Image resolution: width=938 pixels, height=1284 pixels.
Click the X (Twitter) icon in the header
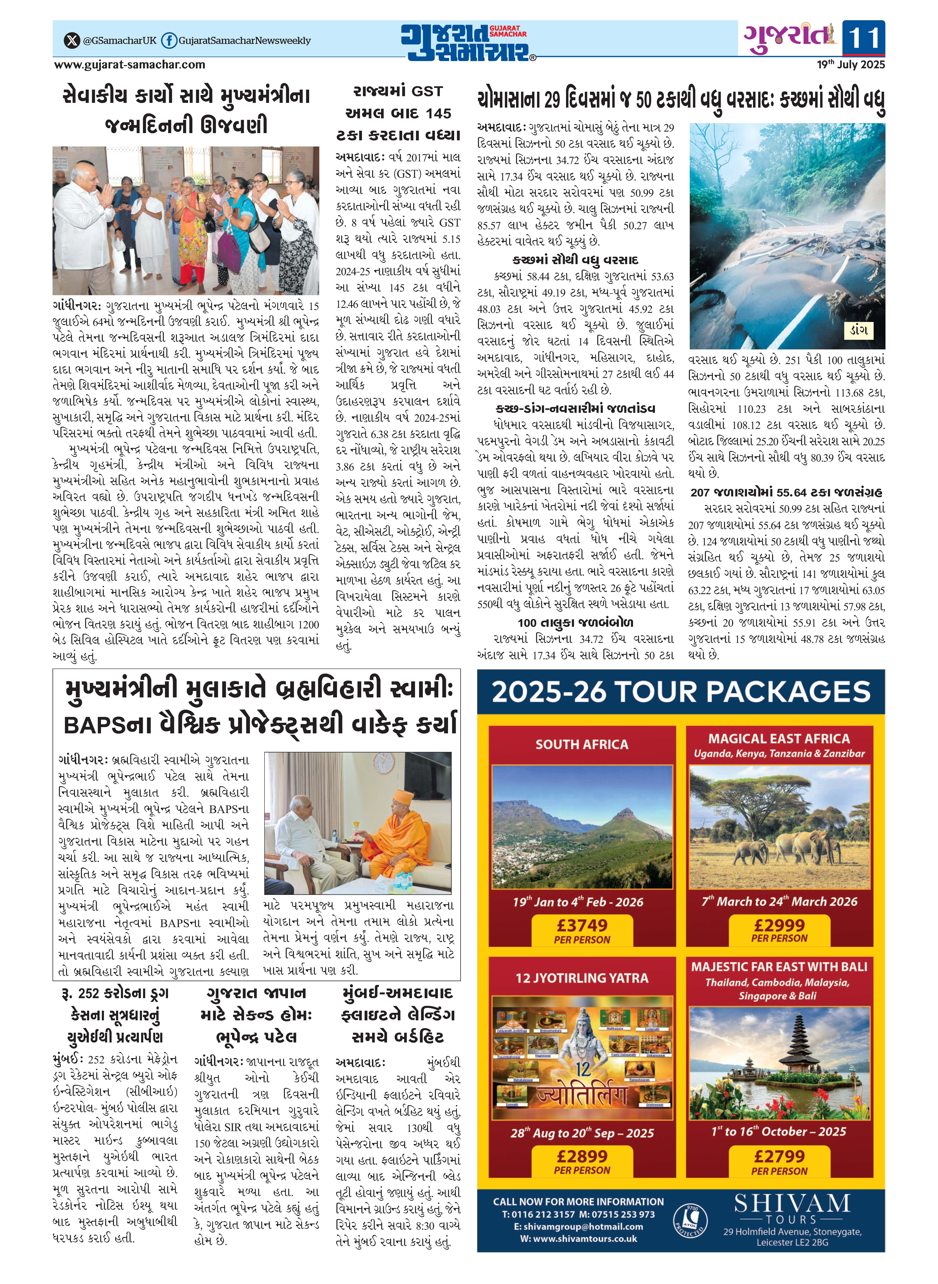coord(72,40)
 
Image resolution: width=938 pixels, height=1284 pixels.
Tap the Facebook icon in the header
coord(169,40)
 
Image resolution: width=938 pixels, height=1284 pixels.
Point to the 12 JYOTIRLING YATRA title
coord(582,978)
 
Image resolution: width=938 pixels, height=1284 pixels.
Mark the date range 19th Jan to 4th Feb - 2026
coord(578,902)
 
